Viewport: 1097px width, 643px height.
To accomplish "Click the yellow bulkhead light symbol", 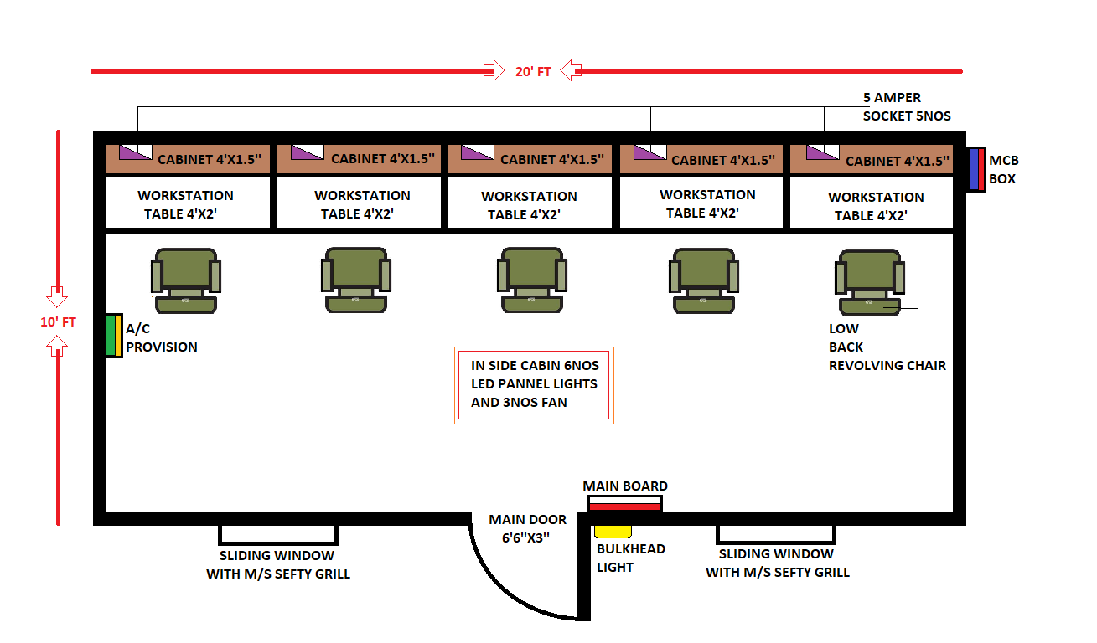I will [x=613, y=531].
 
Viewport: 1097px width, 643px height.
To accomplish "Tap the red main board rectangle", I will [x=624, y=506].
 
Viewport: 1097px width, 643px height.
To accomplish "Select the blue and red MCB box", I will [x=975, y=169].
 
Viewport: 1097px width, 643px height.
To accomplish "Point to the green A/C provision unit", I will [x=114, y=336].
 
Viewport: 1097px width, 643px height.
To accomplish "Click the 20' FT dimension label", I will [x=533, y=72].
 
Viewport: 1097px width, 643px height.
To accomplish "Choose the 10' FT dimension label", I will [x=59, y=321].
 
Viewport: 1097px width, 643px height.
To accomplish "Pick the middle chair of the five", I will [x=531, y=280].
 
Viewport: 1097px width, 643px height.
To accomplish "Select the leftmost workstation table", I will [x=188, y=203].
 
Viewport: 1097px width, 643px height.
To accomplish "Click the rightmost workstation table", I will [x=872, y=205].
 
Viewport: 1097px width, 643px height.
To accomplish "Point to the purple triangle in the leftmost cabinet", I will [x=131, y=152].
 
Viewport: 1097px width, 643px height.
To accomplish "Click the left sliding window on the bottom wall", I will [x=278, y=534].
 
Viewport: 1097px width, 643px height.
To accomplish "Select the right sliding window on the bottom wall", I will [x=776, y=534].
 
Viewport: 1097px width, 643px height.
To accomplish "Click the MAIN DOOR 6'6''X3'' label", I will [x=528, y=529].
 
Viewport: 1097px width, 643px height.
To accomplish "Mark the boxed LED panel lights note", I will [x=534, y=384].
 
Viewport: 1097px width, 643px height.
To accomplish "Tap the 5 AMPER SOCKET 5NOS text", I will [x=906, y=107].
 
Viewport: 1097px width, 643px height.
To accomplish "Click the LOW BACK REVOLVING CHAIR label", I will [x=887, y=347].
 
